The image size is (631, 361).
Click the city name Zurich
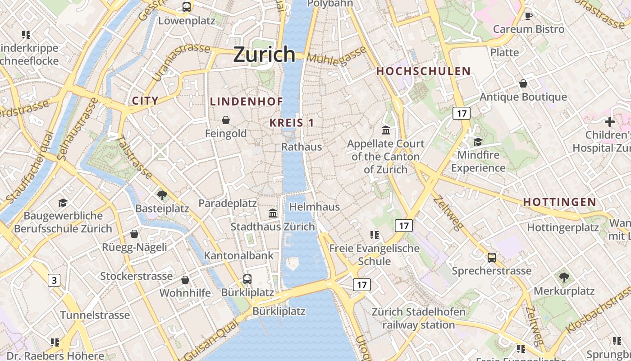265,54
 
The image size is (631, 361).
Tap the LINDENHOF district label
247,102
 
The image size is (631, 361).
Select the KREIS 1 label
292,122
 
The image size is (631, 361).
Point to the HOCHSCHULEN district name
423,71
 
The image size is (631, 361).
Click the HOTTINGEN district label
559,202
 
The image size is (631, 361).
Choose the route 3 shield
54,280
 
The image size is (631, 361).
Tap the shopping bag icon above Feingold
226,120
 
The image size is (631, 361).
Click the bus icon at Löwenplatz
187,7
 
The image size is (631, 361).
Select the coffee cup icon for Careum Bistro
529,16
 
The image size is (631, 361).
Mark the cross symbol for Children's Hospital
610,122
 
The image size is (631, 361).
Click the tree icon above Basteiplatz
162,195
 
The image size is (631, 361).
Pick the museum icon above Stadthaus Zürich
273,213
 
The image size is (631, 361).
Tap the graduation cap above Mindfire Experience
478,142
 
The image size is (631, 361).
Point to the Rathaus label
302,147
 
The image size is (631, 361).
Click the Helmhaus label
315,207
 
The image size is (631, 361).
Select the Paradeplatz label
228,204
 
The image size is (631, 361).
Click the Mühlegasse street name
337,56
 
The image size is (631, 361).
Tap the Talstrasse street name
134,157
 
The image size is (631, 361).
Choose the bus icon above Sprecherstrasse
491,258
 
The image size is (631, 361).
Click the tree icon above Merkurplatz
564,277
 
